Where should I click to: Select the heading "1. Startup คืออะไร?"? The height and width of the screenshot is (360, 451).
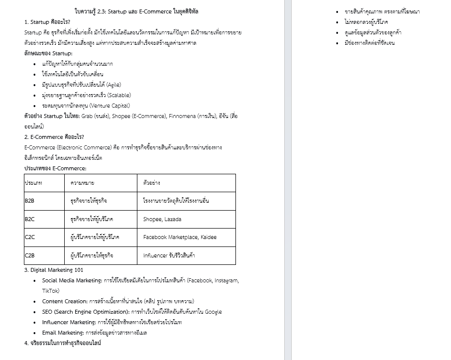pos(47,22)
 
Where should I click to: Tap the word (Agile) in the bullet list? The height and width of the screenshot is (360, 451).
pos(113,85)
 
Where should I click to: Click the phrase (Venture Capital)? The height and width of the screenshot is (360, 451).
pos(110,106)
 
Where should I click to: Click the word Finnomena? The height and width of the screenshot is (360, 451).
pos(183,116)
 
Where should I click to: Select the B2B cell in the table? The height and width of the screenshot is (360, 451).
pos(29,201)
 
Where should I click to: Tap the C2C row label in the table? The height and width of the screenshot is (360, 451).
pos(29,238)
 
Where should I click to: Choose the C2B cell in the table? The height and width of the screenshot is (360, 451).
pos(29,255)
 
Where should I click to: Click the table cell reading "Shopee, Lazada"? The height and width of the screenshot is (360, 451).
pos(162,219)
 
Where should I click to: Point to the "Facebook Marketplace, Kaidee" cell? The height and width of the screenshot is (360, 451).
pos(180,238)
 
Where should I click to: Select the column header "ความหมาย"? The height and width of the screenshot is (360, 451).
pos(83,183)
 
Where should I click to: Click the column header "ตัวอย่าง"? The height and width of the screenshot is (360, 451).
pos(151,183)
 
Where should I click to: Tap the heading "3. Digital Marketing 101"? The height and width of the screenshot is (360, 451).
pos(54,270)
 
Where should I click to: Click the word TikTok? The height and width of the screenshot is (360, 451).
pos(50,291)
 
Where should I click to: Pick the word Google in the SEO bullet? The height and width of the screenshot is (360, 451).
pos(213,312)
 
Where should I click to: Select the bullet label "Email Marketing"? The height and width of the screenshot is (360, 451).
pos(63,333)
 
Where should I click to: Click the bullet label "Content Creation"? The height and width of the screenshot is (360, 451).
pos(64,301)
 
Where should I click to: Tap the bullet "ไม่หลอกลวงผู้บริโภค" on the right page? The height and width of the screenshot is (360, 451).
pos(366,22)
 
